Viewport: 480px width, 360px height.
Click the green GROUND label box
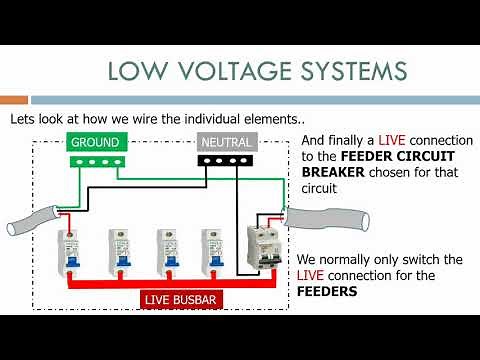96,142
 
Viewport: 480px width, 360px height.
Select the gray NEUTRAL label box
226,142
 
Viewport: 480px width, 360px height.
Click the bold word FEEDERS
327,293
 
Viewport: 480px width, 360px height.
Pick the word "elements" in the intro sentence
275,119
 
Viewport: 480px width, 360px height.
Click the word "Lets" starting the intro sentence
23,119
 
